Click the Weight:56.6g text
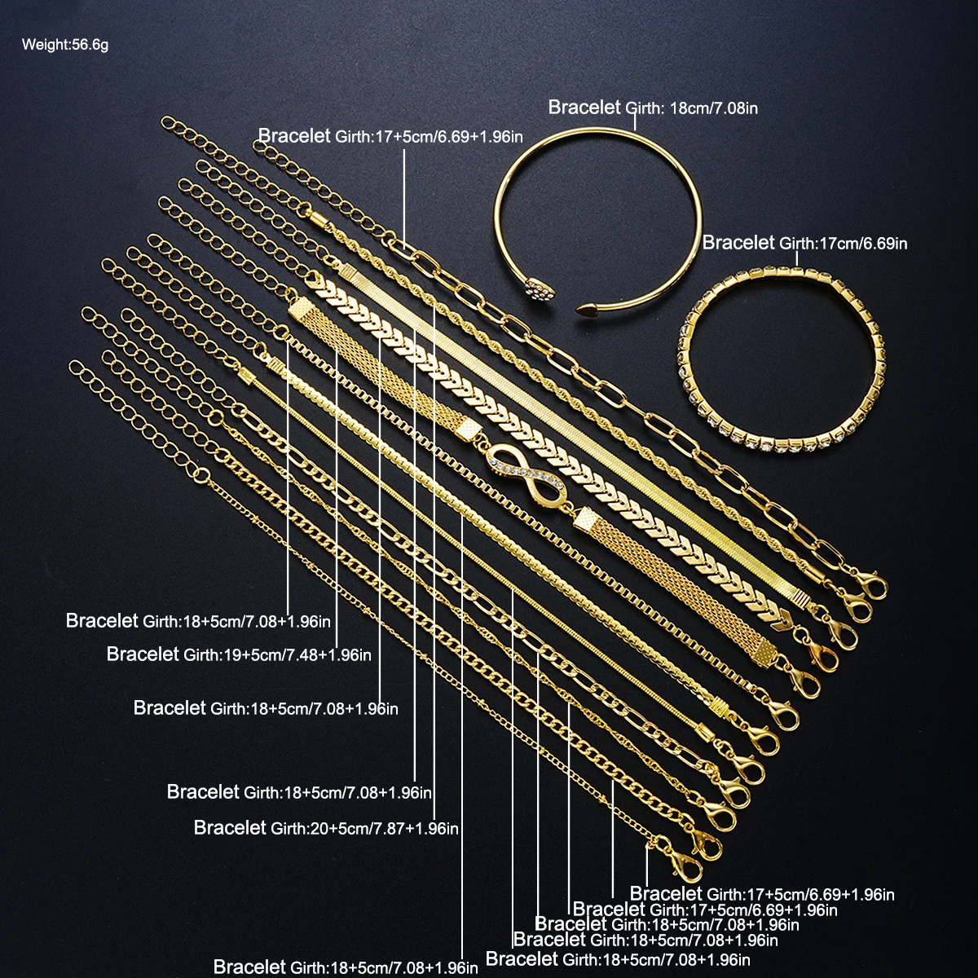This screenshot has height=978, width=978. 64,45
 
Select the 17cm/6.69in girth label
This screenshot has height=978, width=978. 844,243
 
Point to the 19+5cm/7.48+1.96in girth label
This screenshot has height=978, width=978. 277,655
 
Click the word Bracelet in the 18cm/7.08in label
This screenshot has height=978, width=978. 584,107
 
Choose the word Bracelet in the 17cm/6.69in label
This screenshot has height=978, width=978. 738,242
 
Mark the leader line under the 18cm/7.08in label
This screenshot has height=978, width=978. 635,123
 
